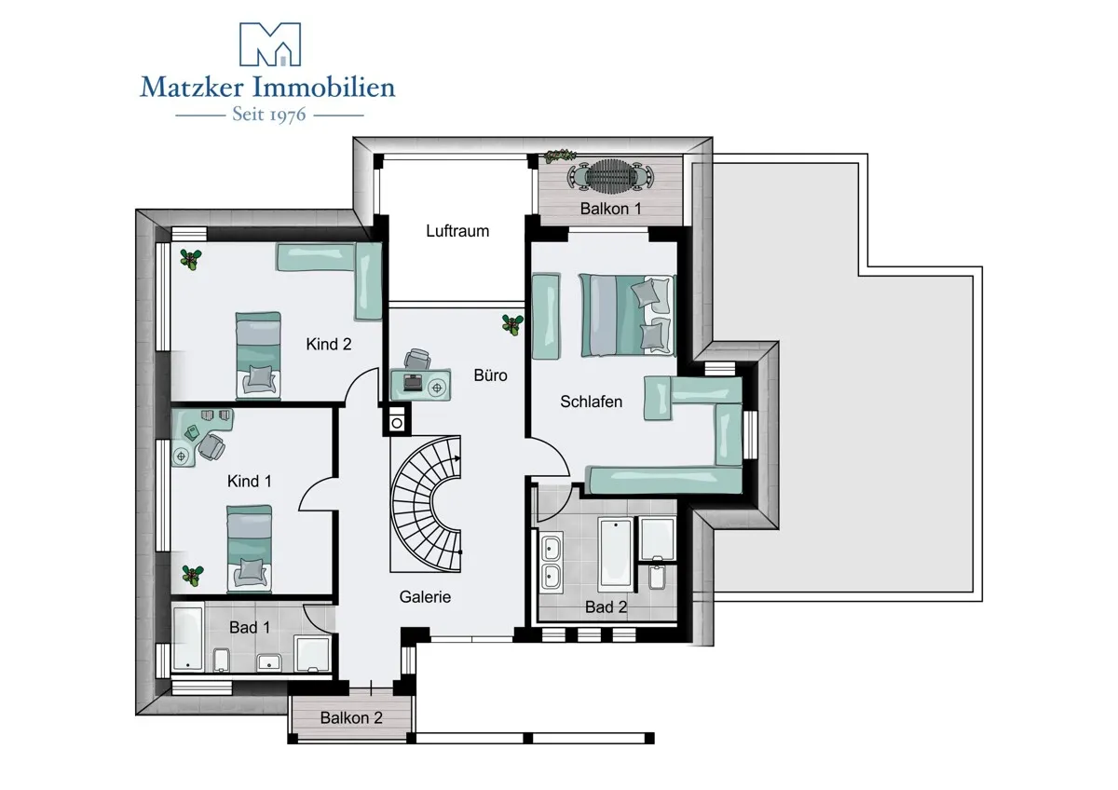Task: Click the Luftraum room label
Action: coord(457,231)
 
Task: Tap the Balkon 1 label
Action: coord(610,208)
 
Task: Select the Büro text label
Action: coord(490,375)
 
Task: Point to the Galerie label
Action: coord(425,597)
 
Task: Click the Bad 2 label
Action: coord(606,606)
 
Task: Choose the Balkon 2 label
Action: coord(351,717)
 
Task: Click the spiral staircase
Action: coord(426,504)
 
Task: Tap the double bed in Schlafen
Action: coord(627,315)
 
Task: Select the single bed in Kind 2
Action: coord(257,355)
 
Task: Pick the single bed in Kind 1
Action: coord(250,549)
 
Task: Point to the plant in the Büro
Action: coord(512,324)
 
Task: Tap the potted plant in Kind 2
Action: coord(191,259)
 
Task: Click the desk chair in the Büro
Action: coord(417,360)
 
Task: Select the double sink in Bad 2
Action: coord(551,563)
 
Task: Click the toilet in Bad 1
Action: coord(221,660)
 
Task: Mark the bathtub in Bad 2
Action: coord(616,554)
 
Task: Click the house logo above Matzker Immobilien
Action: coord(270,44)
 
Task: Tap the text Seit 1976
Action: coord(269,115)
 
